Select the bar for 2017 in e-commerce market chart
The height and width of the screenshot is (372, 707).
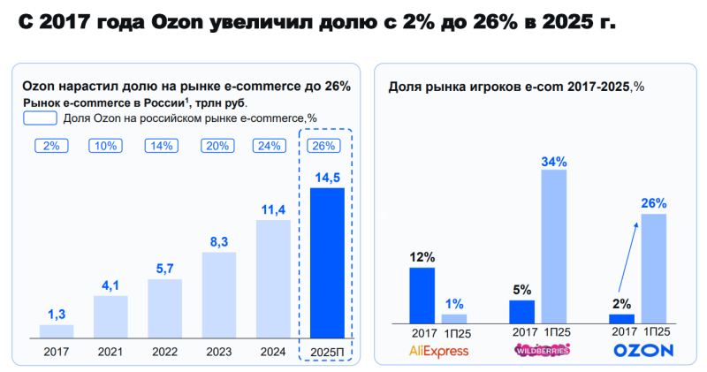click(x=57, y=330)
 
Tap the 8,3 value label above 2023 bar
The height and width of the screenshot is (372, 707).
click(x=218, y=240)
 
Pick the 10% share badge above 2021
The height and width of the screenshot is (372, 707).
click(x=105, y=146)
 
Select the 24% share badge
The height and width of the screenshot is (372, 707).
click(x=270, y=146)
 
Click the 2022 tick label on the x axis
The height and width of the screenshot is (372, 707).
click(x=163, y=352)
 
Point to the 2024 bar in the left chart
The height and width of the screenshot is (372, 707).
click(x=272, y=278)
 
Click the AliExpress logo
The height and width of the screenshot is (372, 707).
click(x=438, y=351)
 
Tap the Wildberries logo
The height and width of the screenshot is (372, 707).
click(x=541, y=351)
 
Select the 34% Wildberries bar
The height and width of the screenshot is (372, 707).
click(x=553, y=246)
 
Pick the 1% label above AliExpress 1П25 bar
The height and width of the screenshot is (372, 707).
click(x=454, y=304)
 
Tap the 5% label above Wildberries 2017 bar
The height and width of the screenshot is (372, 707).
click(x=522, y=289)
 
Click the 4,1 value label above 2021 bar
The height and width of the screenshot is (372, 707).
click(x=110, y=285)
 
